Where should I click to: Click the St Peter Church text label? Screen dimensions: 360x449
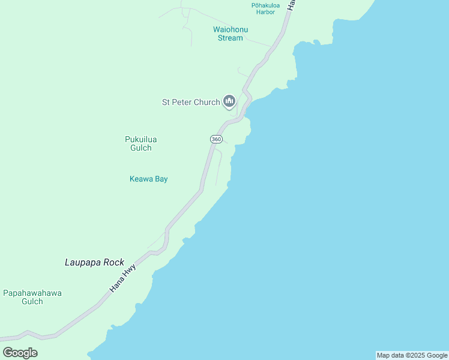pos(191,102)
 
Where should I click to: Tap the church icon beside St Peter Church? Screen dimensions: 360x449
pos(229,101)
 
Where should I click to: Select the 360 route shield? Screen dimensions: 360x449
pos(216,139)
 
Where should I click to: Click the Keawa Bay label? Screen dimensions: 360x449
pos(148,179)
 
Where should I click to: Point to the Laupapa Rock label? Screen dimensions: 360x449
pos(94,262)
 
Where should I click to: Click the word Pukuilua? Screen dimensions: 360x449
pos(140,139)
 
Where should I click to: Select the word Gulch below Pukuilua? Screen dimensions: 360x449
pos(140,148)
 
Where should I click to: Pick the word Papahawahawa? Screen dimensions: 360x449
pos(32,293)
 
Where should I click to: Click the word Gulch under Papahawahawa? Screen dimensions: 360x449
pos(32,301)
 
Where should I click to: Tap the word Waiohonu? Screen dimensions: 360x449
pos(231,29)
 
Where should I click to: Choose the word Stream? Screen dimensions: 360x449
pos(231,38)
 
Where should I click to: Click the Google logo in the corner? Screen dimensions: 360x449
pos(20,353)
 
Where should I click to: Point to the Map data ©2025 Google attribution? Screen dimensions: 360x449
pos(412,355)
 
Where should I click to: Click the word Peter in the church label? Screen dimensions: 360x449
pos(188,102)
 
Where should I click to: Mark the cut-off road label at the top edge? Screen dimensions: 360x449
pos(291,4)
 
